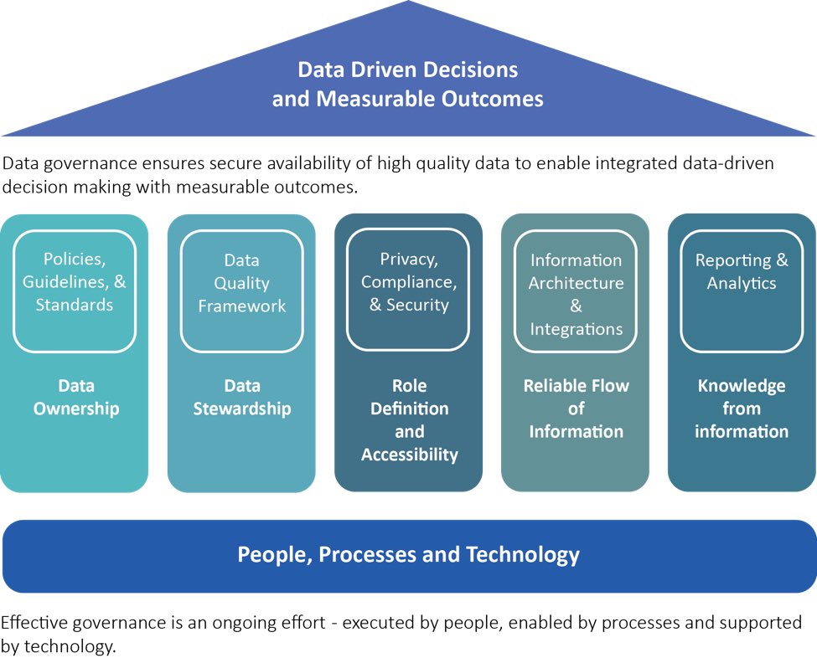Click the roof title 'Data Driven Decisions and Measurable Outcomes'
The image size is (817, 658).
pyautogui.click(x=408, y=84)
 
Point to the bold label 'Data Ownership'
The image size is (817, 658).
pyautogui.click(x=76, y=398)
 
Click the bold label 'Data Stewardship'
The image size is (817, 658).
pyautogui.click(x=242, y=398)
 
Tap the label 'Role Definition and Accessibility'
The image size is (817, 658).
pyautogui.click(x=410, y=420)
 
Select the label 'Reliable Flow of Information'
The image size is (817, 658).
pyautogui.click(x=577, y=409)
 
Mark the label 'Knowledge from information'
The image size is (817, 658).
pyautogui.click(x=742, y=409)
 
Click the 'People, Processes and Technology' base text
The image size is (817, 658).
pyautogui.click(x=408, y=554)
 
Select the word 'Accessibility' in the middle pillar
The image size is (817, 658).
pyautogui.click(x=410, y=455)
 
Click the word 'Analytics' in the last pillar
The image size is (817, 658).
pyautogui.click(x=742, y=283)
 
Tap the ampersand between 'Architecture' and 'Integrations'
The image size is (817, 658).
pyautogui.click(x=576, y=306)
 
